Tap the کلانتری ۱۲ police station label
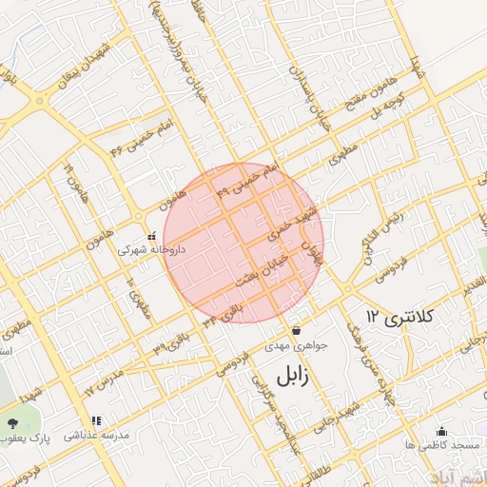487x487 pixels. click(399, 315)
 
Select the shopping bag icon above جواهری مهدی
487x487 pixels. click(296, 330)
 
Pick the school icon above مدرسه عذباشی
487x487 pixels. click(95, 420)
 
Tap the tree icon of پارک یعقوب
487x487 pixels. click(11, 421)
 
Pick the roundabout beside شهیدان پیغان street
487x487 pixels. click(40, 100)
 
